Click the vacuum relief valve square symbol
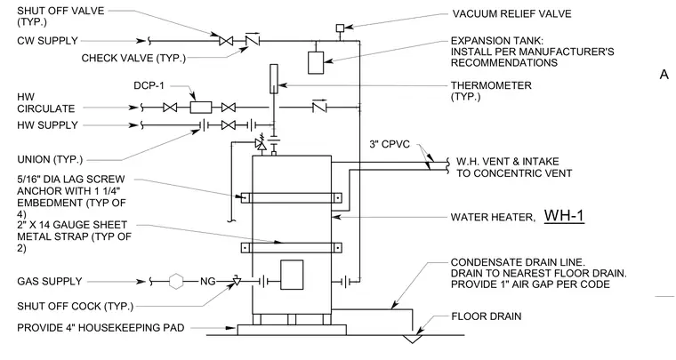tap(340, 28)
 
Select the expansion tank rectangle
tap(316, 62)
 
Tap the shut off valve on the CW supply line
tap(226, 41)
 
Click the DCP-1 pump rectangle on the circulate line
tap(201, 108)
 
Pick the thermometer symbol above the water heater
tap(274, 79)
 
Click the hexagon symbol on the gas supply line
tap(176, 282)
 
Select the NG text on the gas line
tap(208, 282)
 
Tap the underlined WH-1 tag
tap(564, 216)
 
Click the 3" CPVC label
tap(390, 144)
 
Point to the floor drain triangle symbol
tap(413, 339)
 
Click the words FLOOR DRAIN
tap(487, 316)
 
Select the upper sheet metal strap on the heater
tap(292, 197)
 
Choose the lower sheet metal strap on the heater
tap(292, 248)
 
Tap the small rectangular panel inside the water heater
tap(292, 275)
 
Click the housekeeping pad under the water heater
tap(292, 330)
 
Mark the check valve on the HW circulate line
tap(319, 107)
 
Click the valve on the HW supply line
tap(228, 125)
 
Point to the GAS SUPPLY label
tap(50, 282)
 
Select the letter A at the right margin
tap(664, 75)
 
